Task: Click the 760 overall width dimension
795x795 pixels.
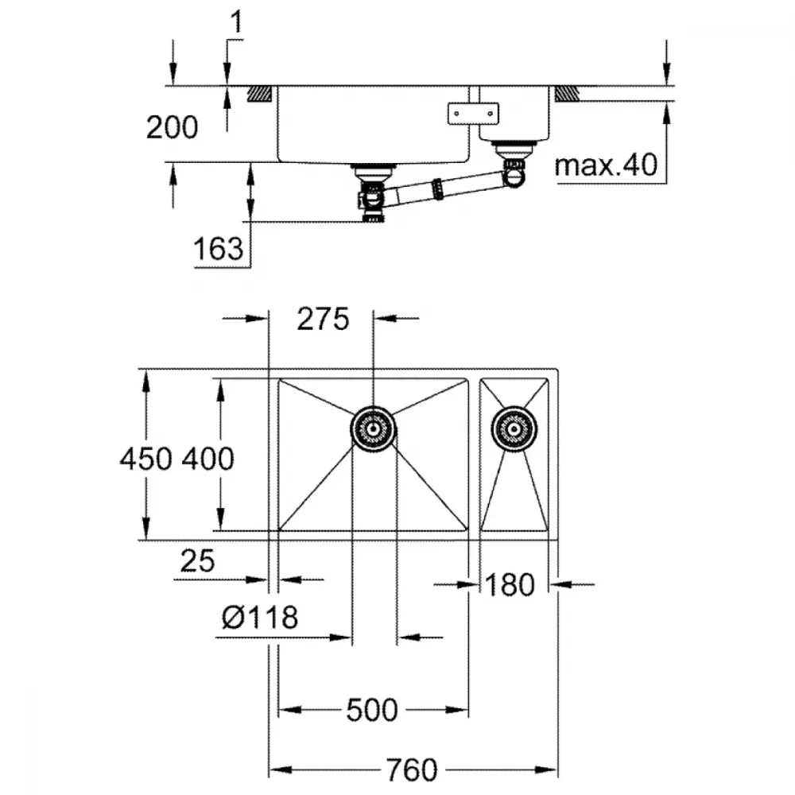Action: (411, 770)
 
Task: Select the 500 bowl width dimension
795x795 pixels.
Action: (371, 710)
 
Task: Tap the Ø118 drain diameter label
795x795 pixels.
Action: (260, 617)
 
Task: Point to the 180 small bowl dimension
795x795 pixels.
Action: (510, 584)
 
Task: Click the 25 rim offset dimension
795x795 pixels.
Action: (197, 560)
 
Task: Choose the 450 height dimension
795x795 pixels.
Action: (145, 459)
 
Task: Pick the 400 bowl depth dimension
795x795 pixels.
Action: (207, 459)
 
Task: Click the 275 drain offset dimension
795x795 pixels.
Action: (323, 319)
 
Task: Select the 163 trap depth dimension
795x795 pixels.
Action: (219, 249)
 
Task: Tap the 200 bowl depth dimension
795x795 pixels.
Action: (172, 127)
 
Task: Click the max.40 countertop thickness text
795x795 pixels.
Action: (607, 165)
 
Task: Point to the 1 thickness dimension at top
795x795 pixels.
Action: (237, 22)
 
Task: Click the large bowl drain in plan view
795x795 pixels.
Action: (374, 429)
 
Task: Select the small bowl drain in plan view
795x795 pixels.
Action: (514, 429)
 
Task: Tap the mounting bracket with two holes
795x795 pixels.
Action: (473, 114)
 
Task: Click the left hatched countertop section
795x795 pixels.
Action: (261, 94)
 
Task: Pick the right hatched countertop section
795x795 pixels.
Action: (566, 94)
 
